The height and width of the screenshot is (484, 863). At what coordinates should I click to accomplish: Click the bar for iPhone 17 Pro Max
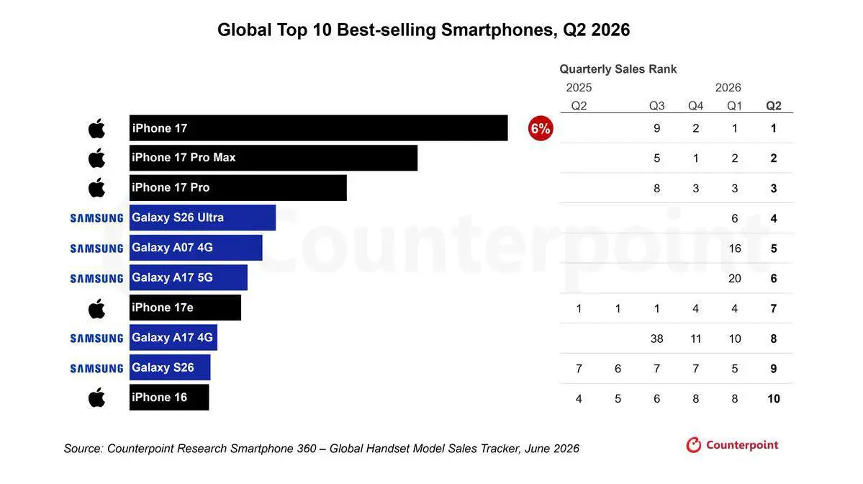(274, 158)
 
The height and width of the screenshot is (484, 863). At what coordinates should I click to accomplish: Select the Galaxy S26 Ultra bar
(202, 218)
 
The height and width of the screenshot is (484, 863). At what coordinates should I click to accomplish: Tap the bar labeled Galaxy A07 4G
(196, 248)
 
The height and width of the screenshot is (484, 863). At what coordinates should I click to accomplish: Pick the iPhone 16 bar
(170, 398)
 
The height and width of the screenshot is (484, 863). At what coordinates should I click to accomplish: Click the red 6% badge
(541, 128)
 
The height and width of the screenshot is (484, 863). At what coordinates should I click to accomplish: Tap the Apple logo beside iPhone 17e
(97, 308)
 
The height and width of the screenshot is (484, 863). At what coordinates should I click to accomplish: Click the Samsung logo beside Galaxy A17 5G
(97, 279)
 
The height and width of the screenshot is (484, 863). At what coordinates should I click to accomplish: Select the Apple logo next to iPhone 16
(97, 398)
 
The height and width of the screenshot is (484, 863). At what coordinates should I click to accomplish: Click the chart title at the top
(423, 30)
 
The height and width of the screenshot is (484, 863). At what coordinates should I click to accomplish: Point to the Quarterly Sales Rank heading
(618, 69)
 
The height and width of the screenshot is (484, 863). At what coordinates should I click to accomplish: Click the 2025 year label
(579, 88)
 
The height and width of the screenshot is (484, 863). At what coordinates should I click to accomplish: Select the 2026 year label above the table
(728, 88)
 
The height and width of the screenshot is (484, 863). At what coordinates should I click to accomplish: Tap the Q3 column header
(656, 106)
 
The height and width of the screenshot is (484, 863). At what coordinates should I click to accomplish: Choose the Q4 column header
(696, 106)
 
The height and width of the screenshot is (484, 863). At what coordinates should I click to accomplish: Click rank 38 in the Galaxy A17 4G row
(656, 339)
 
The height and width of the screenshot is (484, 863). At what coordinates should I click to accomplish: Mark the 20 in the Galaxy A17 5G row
(735, 279)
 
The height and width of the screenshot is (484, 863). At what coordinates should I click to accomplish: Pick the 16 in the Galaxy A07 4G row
(735, 248)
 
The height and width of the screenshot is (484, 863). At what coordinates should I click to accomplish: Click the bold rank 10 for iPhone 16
(774, 399)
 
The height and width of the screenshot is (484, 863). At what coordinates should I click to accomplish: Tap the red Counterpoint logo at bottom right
(732, 445)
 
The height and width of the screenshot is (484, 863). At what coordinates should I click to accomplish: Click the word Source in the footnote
(83, 449)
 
